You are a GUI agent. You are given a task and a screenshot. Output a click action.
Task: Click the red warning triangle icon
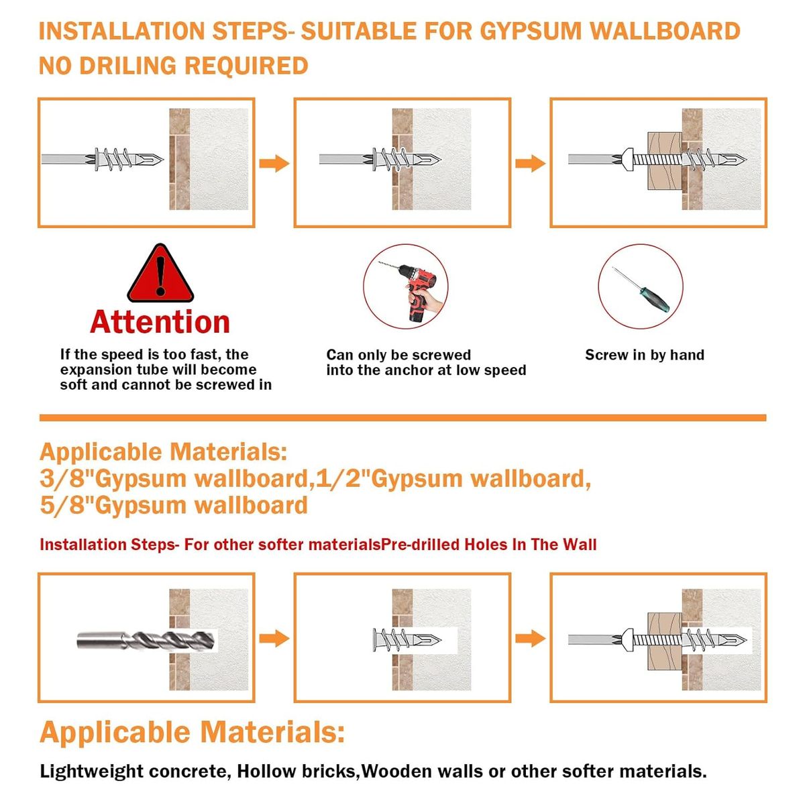click(160, 274)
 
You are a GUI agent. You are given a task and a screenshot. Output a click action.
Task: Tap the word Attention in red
click(160, 323)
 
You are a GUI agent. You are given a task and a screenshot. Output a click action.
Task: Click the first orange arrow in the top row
click(274, 163)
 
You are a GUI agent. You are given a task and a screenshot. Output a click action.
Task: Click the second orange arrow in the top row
click(530, 163)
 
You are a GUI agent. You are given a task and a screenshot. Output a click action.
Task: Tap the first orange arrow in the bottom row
click(274, 639)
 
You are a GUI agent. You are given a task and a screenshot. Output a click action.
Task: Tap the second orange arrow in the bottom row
click(530, 639)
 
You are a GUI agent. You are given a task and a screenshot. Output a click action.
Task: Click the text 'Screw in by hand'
click(645, 355)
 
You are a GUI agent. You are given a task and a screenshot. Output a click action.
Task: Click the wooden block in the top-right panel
click(665, 161)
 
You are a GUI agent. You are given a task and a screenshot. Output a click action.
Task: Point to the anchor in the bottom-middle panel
click(407, 639)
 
